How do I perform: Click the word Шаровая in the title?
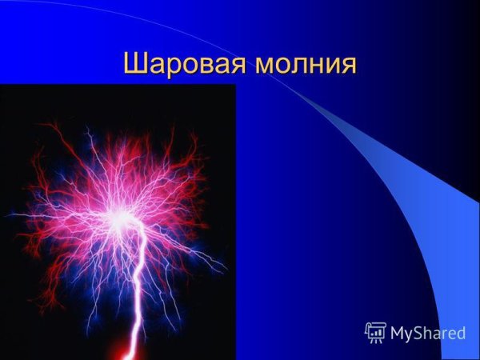pyautogui.click(x=183, y=64)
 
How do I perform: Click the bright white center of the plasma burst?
pyautogui.click(x=122, y=217)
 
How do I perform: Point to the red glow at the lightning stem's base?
pyautogui.click(x=128, y=350)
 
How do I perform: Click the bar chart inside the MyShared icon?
pyautogui.click(x=374, y=330)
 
